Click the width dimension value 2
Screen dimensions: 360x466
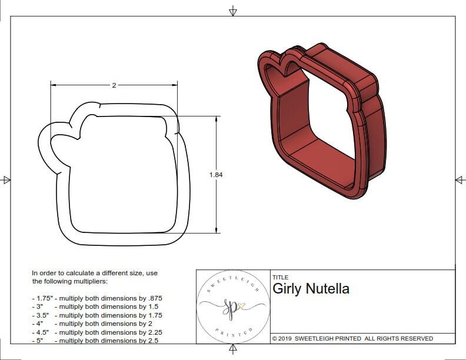tap(114, 85)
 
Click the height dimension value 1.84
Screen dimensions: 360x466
tap(216, 175)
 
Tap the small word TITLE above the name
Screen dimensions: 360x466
tap(280, 278)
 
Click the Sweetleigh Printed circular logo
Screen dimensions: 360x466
tap(232, 306)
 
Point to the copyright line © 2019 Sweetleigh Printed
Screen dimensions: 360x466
tap(352, 338)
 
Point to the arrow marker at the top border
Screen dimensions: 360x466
tap(233, 11)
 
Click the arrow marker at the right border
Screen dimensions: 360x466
tap(459, 179)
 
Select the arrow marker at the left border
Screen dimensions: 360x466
tap(6, 179)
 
